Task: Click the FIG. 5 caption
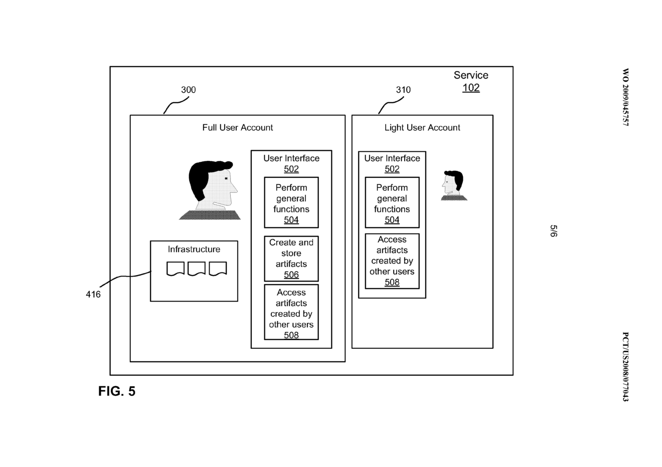(117, 391)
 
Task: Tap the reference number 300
(188, 90)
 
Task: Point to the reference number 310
(403, 90)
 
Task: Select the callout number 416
(93, 295)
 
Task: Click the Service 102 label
(471, 81)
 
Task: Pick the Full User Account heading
(237, 128)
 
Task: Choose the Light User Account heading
(422, 128)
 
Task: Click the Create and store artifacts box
(291, 259)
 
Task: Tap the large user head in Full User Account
(211, 188)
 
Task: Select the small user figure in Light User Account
(453, 185)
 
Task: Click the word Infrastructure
(194, 250)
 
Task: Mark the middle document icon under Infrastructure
(196, 269)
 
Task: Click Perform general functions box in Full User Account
(291, 203)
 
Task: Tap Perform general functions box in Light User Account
(392, 203)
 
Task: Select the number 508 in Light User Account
(392, 283)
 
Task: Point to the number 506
(291, 275)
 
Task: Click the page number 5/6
(553, 231)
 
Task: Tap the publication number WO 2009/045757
(625, 97)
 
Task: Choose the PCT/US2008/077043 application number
(625, 366)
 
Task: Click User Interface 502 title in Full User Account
(291, 163)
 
